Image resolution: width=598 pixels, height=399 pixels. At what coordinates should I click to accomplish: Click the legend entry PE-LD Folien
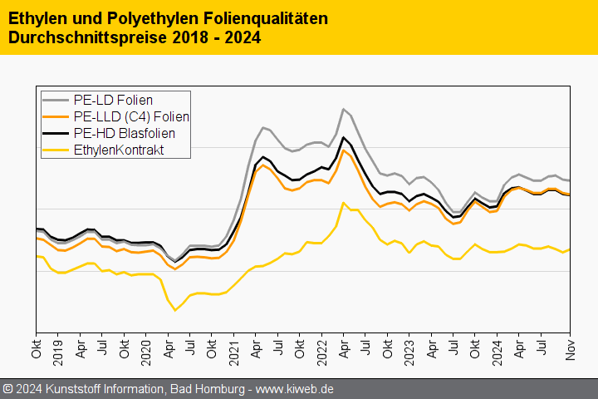tap(113, 101)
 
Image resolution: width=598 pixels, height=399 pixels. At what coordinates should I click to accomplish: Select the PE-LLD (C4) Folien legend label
tap(131, 117)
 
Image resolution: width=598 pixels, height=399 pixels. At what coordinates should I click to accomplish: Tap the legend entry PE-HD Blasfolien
tap(124, 133)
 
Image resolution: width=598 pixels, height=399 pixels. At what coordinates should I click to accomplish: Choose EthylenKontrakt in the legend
tap(118, 150)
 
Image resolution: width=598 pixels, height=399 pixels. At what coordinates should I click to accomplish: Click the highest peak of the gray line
tap(343, 109)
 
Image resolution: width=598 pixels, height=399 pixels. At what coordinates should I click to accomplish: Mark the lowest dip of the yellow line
tap(175, 310)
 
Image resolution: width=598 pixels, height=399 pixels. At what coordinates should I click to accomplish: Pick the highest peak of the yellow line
tap(343, 202)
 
